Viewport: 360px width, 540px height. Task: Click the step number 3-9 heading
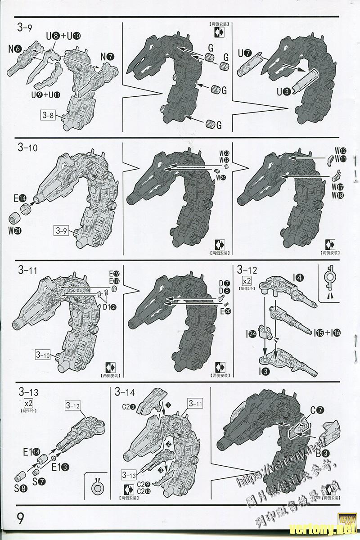click(24, 28)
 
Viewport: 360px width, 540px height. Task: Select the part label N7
click(108, 57)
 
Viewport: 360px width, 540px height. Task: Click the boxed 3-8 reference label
click(48, 115)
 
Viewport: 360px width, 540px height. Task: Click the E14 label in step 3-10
click(20, 197)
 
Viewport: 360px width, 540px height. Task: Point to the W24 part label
click(220, 178)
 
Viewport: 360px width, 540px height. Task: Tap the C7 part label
click(317, 410)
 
